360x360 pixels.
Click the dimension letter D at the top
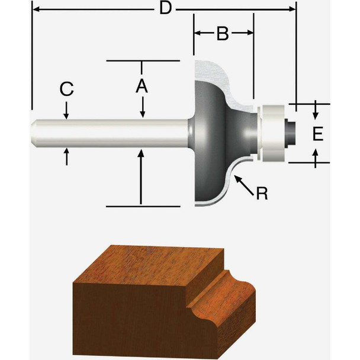pos(167,9)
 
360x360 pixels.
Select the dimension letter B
pos(222,34)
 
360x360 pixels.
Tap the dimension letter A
pos(141,86)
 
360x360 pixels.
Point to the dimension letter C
pos(67,89)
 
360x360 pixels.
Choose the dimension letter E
pos(318,134)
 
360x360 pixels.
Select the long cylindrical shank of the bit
pos(112,134)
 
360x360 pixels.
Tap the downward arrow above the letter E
pos(317,112)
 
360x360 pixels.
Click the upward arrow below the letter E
pos(317,155)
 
